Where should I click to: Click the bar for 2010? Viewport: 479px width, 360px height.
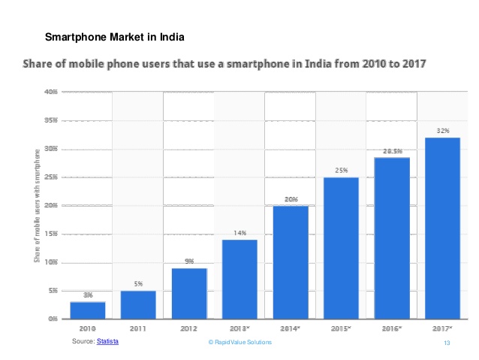pos(87,310)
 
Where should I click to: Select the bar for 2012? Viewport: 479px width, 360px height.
pos(189,294)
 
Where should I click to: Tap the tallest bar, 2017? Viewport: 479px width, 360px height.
pos(442,228)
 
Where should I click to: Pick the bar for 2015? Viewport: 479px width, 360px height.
pos(341,248)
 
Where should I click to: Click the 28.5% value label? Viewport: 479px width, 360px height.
pos(392,151)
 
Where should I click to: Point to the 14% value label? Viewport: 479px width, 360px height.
pos(239,233)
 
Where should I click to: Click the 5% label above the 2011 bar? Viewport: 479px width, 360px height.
pos(138,284)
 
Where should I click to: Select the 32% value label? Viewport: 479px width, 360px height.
pos(442,131)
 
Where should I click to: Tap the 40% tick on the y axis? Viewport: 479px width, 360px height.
pos(51,92)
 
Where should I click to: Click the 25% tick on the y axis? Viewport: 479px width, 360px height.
pos(51,177)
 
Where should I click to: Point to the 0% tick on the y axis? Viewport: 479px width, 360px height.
pos(53,319)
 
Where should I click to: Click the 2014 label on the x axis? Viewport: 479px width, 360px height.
pos(291,329)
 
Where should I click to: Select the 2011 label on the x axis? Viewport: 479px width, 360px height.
pos(138,329)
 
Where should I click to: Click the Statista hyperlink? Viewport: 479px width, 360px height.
pos(107,342)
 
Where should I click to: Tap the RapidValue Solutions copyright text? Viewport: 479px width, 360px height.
pos(239,343)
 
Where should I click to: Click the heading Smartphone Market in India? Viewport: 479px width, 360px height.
pos(115,37)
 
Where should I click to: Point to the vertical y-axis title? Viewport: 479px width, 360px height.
pos(36,206)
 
